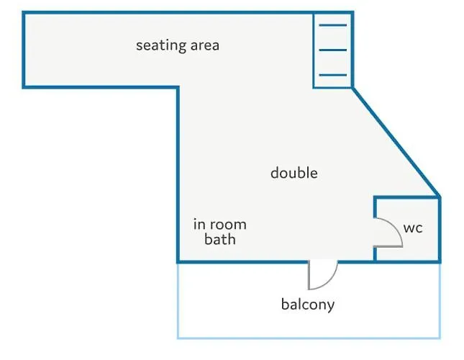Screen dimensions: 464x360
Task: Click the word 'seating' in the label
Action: point(160,46)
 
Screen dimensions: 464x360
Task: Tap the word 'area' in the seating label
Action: point(205,45)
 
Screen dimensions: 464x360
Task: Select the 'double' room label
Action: point(294,173)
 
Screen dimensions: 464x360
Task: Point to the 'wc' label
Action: point(413,228)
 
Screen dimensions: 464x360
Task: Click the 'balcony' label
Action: point(308,305)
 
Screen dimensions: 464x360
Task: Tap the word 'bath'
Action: point(220,239)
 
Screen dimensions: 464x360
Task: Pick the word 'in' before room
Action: point(199,224)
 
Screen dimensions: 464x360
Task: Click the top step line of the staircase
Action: point(333,25)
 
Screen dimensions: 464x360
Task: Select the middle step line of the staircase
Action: point(333,50)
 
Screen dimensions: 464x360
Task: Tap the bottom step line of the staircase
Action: point(333,75)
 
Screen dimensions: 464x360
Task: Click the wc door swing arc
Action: point(396,227)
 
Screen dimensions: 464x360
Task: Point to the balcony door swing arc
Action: point(329,282)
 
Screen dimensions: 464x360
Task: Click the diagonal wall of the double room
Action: point(396,142)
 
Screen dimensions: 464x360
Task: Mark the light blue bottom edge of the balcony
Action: point(309,338)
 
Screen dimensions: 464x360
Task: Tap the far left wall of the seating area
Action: point(24,50)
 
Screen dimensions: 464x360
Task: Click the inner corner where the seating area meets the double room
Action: point(178,87)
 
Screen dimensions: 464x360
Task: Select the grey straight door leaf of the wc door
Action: point(388,246)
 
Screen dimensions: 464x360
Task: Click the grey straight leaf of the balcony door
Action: point(309,275)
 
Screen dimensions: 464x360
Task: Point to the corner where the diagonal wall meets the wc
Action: point(440,197)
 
